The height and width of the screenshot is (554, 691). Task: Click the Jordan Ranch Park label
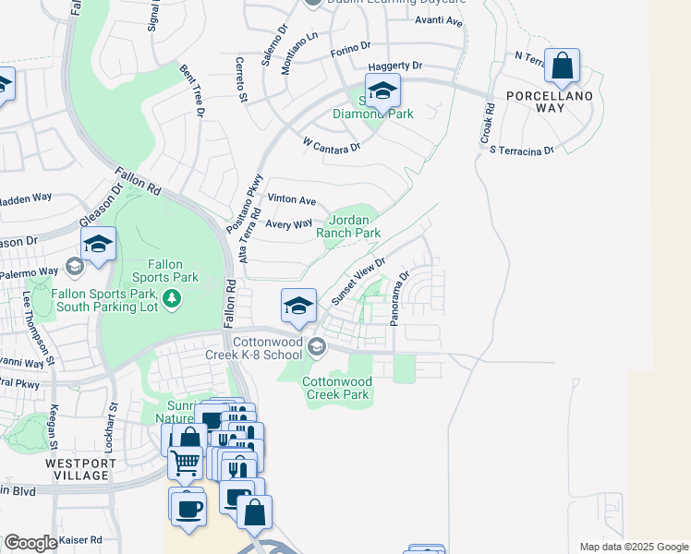pyautogui.click(x=348, y=226)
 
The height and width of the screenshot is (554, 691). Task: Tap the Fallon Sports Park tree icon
pyautogui.click(x=170, y=298)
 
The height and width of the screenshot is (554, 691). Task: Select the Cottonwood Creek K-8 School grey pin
pyautogui.click(x=317, y=347)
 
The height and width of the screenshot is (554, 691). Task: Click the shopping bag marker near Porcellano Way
pyautogui.click(x=562, y=66)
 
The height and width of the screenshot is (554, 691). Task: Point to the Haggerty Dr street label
pyautogui.click(x=394, y=66)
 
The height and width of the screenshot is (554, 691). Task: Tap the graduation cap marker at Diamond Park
pyautogui.click(x=382, y=91)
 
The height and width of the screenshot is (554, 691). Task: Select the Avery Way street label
pyautogui.click(x=289, y=224)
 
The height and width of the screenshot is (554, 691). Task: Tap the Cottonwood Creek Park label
pyautogui.click(x=337, y=388)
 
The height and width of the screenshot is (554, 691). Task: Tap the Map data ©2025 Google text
pyautogui.click(x=634, y=547)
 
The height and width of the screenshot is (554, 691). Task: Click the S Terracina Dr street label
pyautogui.click(x=522, y=150)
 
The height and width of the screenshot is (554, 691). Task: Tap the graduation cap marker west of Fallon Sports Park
pyautogui.click(x=98, y=245)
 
